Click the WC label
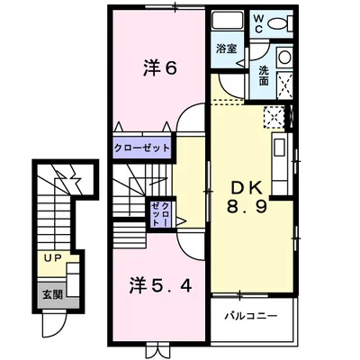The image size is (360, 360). click(x=258, y=22)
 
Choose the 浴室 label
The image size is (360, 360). click(x=226, y=49)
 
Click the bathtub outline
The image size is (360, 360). click(x=225, y=22)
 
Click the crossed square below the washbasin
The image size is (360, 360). click(x=285, y=85)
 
